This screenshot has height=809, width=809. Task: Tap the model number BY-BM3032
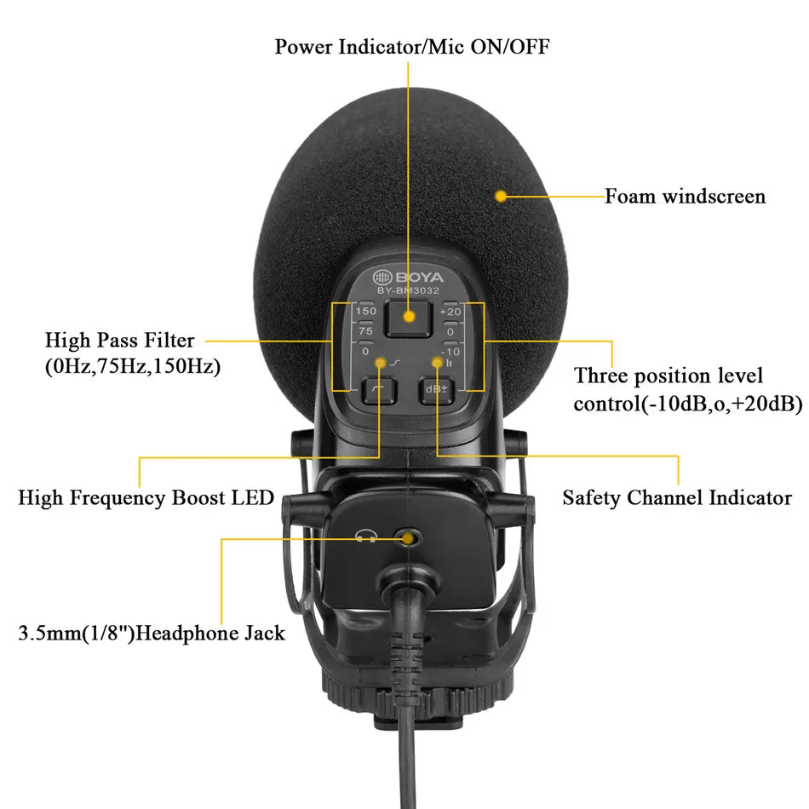point(409,291)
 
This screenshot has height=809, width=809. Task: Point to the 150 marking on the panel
point(366,312)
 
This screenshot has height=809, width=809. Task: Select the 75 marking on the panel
point(366,331)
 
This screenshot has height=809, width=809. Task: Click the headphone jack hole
point(410,538)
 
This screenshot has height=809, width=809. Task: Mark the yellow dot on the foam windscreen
point(501,197)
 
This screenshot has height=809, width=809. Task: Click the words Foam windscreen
point(685,197)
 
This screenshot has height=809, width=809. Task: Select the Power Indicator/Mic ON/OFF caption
point(411,46)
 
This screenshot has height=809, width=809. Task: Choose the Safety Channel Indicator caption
point(677,497)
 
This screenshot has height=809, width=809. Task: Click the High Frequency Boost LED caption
point(146,497)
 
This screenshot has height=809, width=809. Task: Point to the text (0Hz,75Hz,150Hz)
point(132,368)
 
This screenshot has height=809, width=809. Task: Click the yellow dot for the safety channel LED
point(438,364)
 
